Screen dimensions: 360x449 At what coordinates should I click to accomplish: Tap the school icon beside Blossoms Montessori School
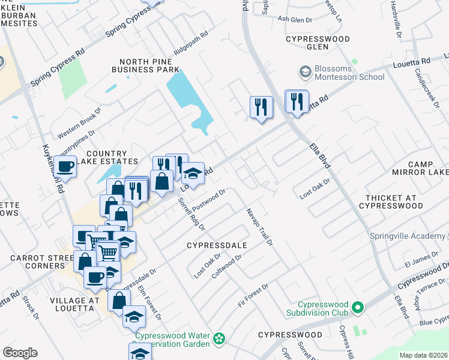click(305, 73)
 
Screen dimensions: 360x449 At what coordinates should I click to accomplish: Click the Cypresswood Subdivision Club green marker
click(358, 308)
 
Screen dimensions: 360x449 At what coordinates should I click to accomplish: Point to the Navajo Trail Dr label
click(259, 227)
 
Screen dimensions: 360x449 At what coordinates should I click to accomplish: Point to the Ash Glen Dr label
click(295, 19)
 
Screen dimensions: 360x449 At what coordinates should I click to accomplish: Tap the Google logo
click(20, 353)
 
